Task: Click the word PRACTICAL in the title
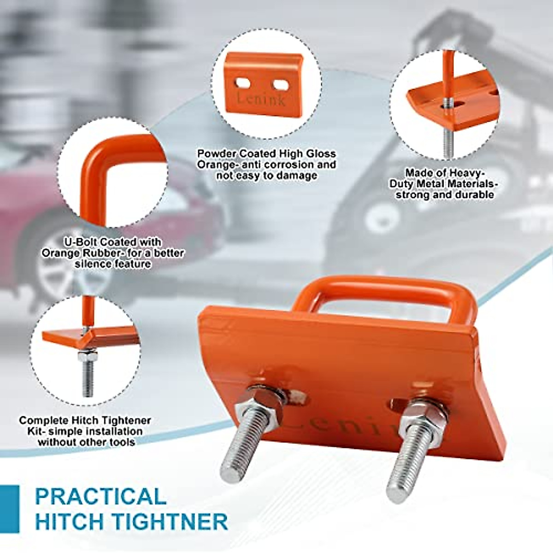point(100,496)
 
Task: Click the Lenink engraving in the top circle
point(261,99)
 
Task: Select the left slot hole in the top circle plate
point(243,83)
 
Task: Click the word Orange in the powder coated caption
point(218,165)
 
